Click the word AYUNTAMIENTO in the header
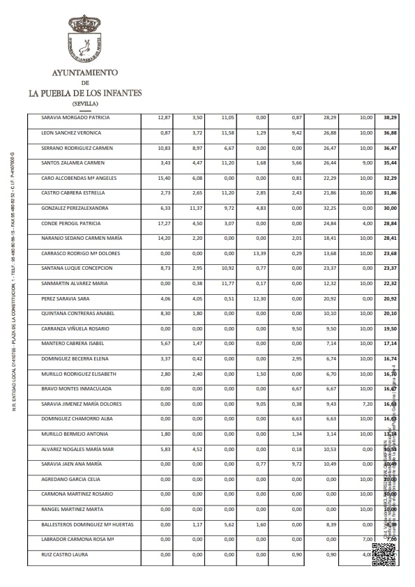coord(85,73)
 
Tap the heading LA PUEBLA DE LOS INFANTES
coord(85,92)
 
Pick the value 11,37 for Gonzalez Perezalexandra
coord(195,208)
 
